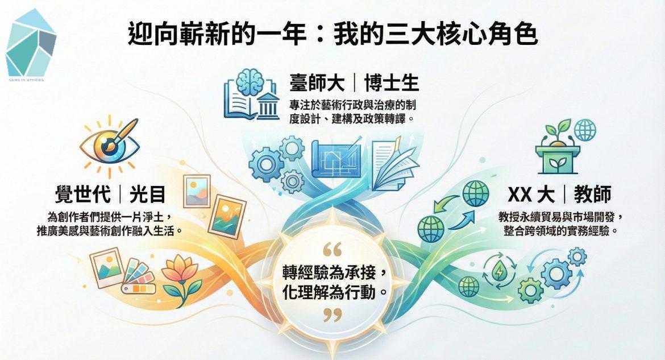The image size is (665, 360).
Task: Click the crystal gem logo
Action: click(31, 43)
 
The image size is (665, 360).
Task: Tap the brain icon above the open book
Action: click(251, 80)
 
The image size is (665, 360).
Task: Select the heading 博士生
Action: click(392, 83)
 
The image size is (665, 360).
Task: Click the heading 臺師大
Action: click(317, 83)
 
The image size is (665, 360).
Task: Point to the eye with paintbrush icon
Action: click(110, 144)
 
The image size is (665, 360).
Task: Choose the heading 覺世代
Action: click(83, 195)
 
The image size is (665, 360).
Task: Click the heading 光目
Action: click(147, 195)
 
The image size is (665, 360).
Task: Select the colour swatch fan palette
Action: click(138, 276)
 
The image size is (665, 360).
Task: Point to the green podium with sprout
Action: click(557, 148)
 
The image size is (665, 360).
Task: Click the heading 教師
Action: click(592, 195)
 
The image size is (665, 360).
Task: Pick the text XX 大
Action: click(531, 195)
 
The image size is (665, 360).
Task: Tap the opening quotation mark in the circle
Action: click(332, 249)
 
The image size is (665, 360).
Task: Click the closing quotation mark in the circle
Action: click(332, 315)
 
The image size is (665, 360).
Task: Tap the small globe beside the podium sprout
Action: click(585, 130)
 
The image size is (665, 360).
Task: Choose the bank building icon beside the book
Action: click(267, 105)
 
